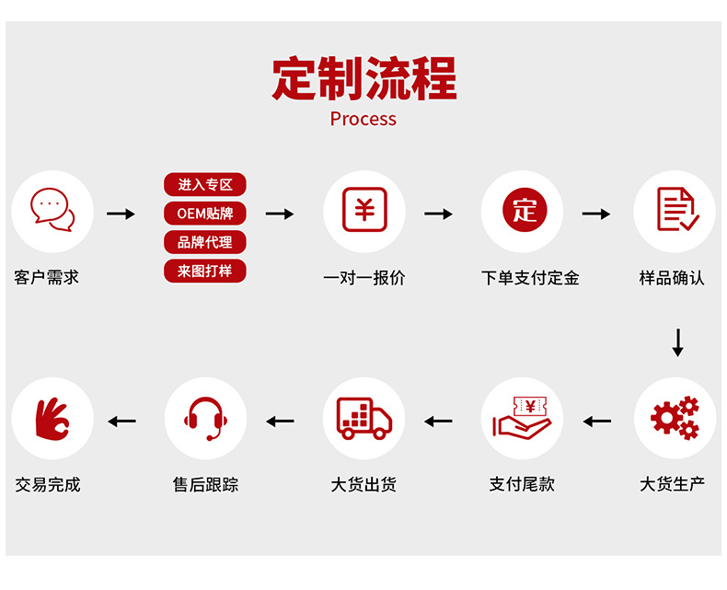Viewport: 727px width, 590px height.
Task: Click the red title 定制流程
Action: click(x=363, y=78)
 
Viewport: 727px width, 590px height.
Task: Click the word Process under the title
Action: click(x=363, y=119)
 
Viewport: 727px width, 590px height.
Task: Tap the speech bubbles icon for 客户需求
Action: click(x=52, y=212)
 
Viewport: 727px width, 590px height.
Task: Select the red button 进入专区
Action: click(x=205, y=185)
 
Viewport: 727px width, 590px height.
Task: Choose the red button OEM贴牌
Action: click(x=205, y=214)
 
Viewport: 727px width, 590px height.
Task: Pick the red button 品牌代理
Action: click(x=205, y=242)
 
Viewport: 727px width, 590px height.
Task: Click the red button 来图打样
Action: click(x=205, y=272)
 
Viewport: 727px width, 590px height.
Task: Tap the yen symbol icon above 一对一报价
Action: click(x=364, y=211)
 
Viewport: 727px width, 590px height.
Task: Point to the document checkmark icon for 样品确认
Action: click(x=676, y=211)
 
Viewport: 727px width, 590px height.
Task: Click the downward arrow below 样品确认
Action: click(x=678, y=341)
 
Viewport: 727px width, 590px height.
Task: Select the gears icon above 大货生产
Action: click(x=675, y=418)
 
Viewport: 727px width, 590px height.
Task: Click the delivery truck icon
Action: click(x=364, y=418)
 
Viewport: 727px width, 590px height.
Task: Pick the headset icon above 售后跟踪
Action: click(x=205, y=419)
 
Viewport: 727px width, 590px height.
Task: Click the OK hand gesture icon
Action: click(x=52, y=419)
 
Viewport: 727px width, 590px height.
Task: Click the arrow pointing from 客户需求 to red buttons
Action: click(x=121, y=214)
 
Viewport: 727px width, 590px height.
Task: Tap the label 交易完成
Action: click(x=48, y=484)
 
